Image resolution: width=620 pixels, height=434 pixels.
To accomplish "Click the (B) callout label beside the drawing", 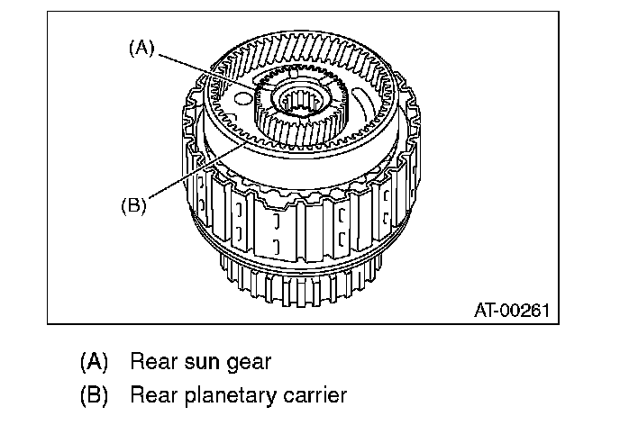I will (132, 204).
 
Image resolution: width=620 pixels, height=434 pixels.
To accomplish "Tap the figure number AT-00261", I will (510, 312).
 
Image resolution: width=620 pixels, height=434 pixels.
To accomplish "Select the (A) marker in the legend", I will (94, 362).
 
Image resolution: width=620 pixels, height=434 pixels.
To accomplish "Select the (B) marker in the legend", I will (94, 394).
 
